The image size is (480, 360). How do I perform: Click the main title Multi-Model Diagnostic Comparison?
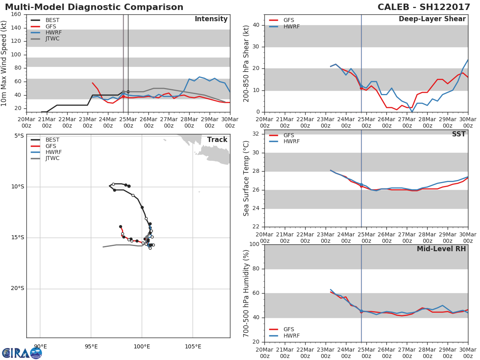[94, 7]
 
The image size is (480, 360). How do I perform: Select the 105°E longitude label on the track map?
[193, 346]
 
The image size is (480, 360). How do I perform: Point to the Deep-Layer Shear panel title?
[432, 19]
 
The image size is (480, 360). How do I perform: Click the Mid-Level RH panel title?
[441, 249]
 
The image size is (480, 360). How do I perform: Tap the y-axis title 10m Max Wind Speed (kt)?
[4, 64]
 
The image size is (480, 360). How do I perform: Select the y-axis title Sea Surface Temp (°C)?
[246, 178]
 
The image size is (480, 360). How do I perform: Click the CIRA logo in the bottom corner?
[22, 353]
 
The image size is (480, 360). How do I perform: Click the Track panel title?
[217, 140]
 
